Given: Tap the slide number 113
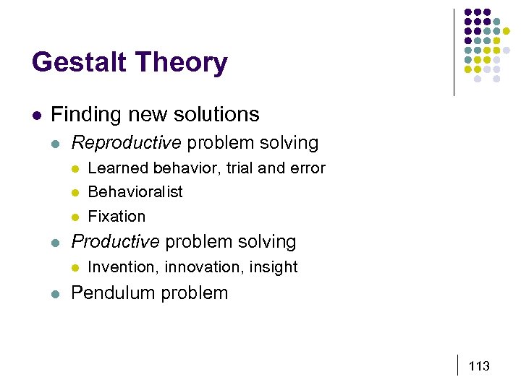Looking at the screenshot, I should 479,366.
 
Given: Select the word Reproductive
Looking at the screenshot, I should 126,143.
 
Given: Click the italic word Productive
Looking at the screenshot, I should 115,242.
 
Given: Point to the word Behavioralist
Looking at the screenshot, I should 135,192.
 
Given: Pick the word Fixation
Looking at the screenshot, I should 116,217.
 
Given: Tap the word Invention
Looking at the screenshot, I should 122,267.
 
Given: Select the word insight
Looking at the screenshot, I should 273,267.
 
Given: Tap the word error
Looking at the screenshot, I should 308,168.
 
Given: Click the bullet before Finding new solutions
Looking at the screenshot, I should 35,115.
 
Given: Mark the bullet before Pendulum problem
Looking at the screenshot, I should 56,293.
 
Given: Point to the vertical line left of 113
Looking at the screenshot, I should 459,365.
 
